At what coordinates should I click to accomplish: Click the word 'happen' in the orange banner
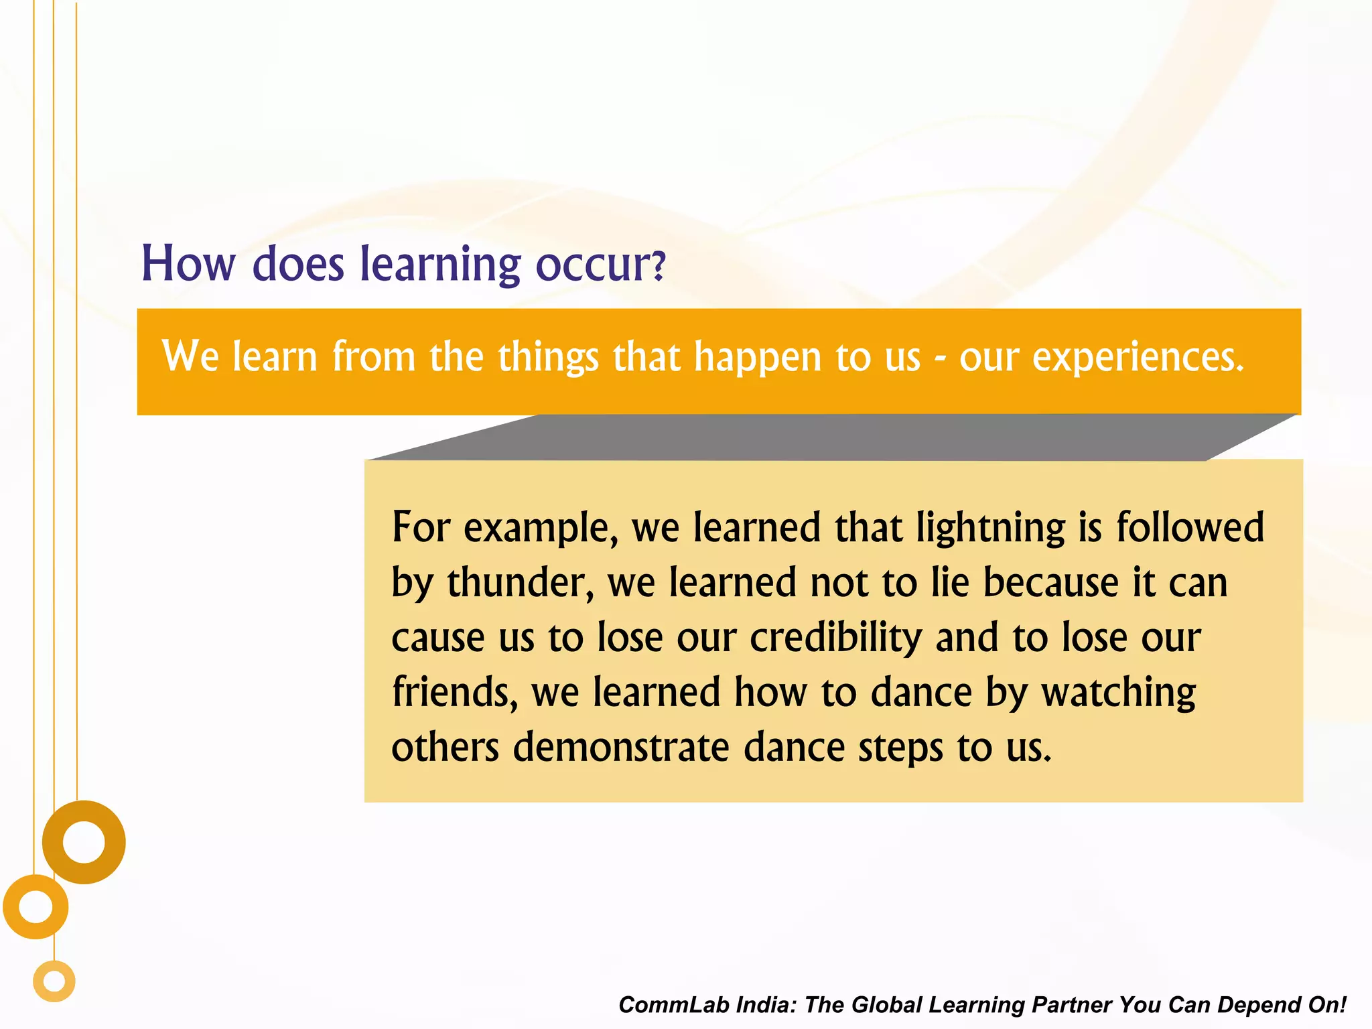[x=757, y=358]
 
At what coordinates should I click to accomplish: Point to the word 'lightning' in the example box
[x=990, y=528]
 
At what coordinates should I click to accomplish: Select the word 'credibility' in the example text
[x=835, y=637]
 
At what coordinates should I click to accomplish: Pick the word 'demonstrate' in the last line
[x=621, y=747]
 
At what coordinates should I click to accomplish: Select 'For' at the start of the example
[x=421, y=527]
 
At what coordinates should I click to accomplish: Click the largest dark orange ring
[x=84, y=813]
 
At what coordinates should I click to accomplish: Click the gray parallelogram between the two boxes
[x=831, y=437]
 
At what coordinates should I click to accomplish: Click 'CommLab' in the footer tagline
[x=673, y=1004]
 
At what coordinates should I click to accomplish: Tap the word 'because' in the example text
[x=1050, y=582]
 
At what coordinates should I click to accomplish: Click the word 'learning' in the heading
[x=440, y=265]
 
